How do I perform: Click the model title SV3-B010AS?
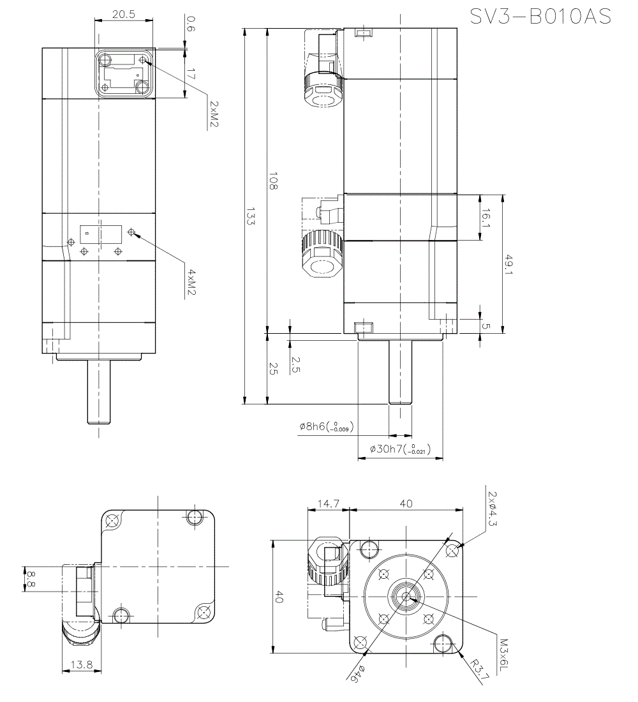click(540, 17)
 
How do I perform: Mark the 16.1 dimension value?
click(486, 218)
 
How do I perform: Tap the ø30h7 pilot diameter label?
click(400, 449)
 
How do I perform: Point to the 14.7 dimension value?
click(328, 504)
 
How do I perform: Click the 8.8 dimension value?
click(29, 579)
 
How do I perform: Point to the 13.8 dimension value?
click(82, 665)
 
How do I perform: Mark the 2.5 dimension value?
click(295, 364)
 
